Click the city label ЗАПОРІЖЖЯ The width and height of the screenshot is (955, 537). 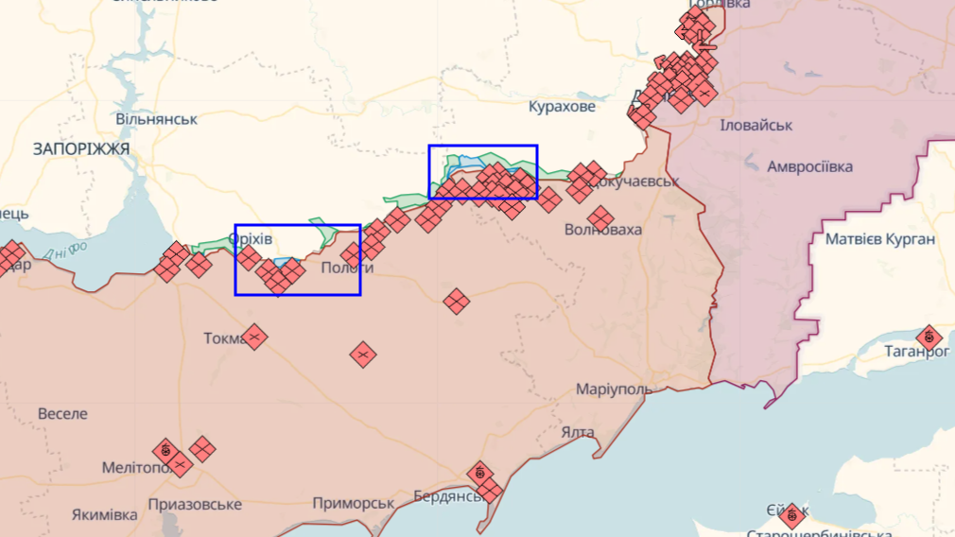81,149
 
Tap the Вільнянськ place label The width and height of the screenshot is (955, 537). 157,119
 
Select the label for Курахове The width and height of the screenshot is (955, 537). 562,107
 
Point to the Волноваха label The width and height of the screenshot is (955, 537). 602,230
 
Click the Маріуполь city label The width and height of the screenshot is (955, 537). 615,390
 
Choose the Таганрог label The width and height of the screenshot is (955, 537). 915,351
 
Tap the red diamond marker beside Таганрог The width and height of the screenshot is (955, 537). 929,338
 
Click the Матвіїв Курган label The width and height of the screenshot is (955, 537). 879,239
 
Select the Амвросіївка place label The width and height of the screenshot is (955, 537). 809,166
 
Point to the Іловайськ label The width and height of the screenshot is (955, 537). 756,125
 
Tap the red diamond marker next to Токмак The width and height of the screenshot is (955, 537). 253,337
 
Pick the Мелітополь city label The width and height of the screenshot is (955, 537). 140,468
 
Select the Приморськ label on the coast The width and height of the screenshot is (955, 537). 353,503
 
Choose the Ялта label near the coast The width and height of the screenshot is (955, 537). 578,432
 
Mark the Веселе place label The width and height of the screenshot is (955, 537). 62,413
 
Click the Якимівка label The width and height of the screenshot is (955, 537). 104,515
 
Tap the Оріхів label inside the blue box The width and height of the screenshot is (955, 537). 251,239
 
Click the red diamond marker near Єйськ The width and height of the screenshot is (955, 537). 792,515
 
